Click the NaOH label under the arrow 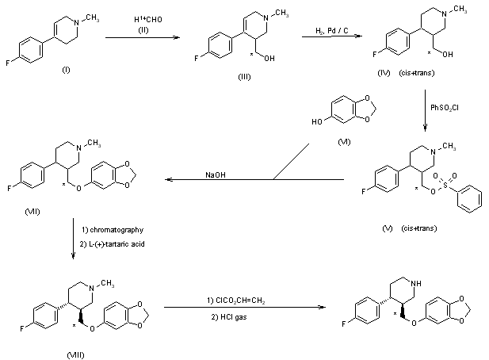pyautogui.click(x=215, y=175)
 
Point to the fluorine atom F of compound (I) pyautogui.click(x=6, y=56)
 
